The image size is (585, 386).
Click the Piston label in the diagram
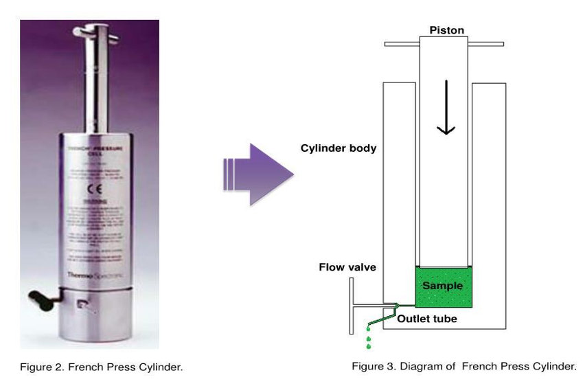446,30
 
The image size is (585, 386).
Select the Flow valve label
347,266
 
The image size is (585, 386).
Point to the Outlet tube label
427,318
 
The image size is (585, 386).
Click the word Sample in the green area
443,285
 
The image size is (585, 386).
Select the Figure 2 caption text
101,367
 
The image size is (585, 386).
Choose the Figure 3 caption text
463,366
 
